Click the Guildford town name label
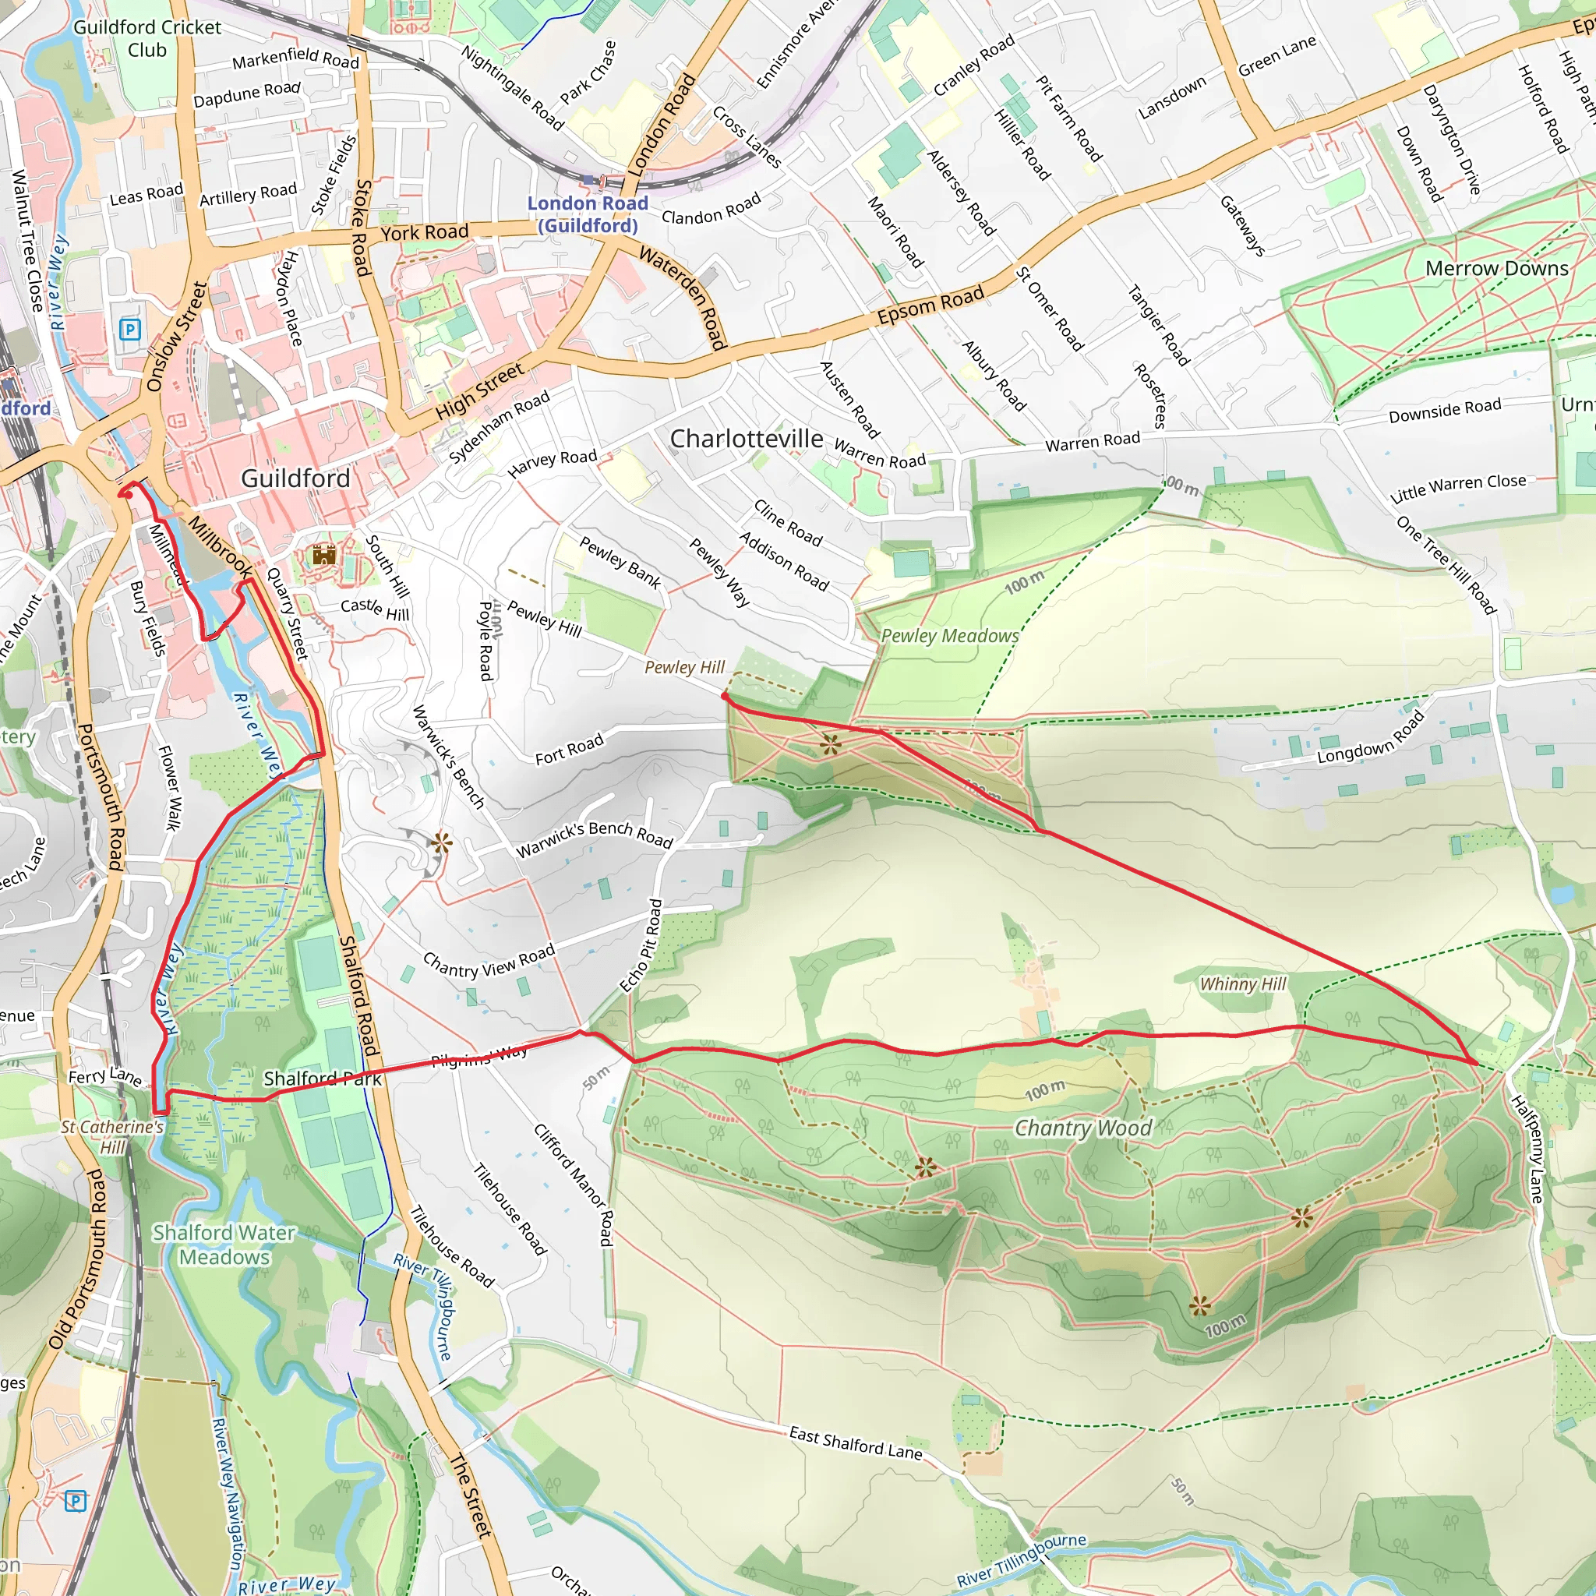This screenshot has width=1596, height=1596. pyautogui.click(x=295, y=478)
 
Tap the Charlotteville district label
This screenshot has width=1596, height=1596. pyautogui.click(x=746, y=439)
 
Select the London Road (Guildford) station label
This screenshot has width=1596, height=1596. pyautogui.click(x=588, y=214)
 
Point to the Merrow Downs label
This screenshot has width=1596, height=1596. pyautogui.click(x=1496, y=269)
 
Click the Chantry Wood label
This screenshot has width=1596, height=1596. pyautogui.click(x=1082, y=1128)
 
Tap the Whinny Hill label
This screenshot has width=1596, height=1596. pyautogui.click(x=1242, y=984)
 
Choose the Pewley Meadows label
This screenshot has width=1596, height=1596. pyautogui.click(x=949, y=636)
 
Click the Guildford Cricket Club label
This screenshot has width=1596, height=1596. pyautogui.click(x=147, y=38)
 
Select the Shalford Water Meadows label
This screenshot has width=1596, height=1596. pyautogui.click(x=224, y=1245)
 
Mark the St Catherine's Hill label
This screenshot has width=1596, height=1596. pyautogui.click(x=112, y=1137)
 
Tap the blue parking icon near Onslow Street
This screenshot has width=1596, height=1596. pyautogui.click(x=129, y=330)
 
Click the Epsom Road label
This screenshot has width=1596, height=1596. pyautogui.click(x=930, y=305)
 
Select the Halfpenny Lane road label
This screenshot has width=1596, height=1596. pyautogui.click(x=1527, y=1148)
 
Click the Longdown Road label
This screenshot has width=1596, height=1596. pyautogui.click(x=1371, y=738)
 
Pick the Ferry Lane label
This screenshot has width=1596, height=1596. pyautogui.click(x=104, y=1076)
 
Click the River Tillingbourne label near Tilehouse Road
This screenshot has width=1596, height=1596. pyautogui.click(x=423, y=1307)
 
